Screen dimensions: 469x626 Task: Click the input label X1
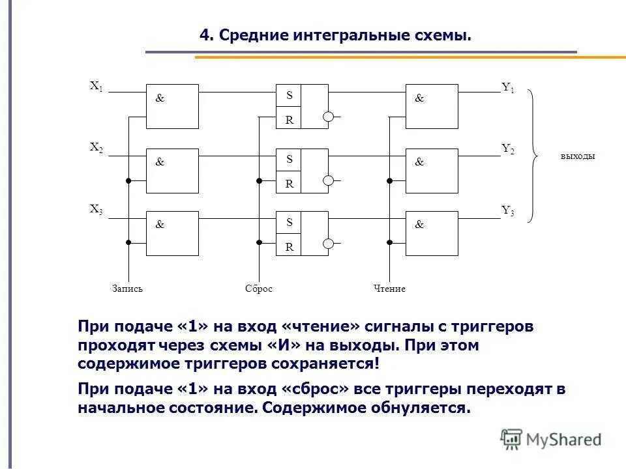[x=97, y=86]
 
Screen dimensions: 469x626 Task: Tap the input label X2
[x=97, y=149]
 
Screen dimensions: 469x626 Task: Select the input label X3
[x=97, y=210]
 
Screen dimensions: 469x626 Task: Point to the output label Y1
[x=508, y=87]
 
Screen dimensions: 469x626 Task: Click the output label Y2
[x=508, y=149]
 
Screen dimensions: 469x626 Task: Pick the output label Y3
[x=508, y=210]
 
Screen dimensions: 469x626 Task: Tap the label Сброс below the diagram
[x=259, y=289]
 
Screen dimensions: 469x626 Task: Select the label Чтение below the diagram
[x=389, y=289]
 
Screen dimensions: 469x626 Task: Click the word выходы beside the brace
[x=578, y=156]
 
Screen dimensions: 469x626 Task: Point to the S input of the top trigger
[x=290, y=95]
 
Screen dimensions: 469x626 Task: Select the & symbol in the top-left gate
[x=160, y=98]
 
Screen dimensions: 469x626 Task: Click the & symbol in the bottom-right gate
[x=419, y=225]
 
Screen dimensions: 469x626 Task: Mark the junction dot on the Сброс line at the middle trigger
[x=259, y=180]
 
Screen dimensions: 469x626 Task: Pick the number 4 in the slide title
[x=203, y=35]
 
